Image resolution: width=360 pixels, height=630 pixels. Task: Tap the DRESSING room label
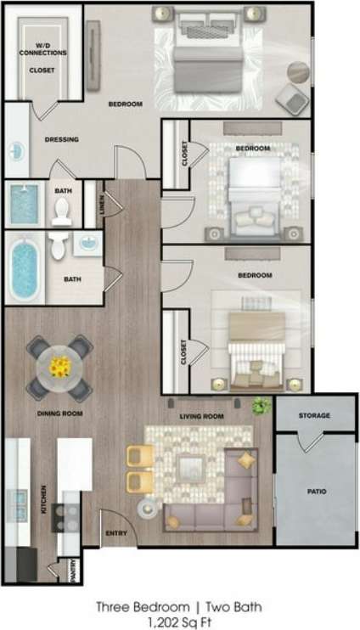(x=61, y=140)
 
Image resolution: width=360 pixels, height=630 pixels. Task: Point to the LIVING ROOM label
(x=201, y=417)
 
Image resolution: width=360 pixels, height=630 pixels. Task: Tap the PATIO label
(x=316, y=492)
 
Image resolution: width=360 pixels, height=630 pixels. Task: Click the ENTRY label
(x=116, y=533)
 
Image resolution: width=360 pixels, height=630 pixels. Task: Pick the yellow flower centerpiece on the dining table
(x=59, y=367)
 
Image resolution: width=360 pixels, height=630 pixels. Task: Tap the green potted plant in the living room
(x=262, y=407)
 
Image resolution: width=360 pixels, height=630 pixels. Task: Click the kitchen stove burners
(x=65, y=513)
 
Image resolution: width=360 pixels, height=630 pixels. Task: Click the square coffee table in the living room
(x=190, y=466)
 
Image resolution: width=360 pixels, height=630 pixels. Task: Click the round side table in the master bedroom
(x=298, y=71)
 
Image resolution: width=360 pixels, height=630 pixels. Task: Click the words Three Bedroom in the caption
(x=135, y=606)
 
